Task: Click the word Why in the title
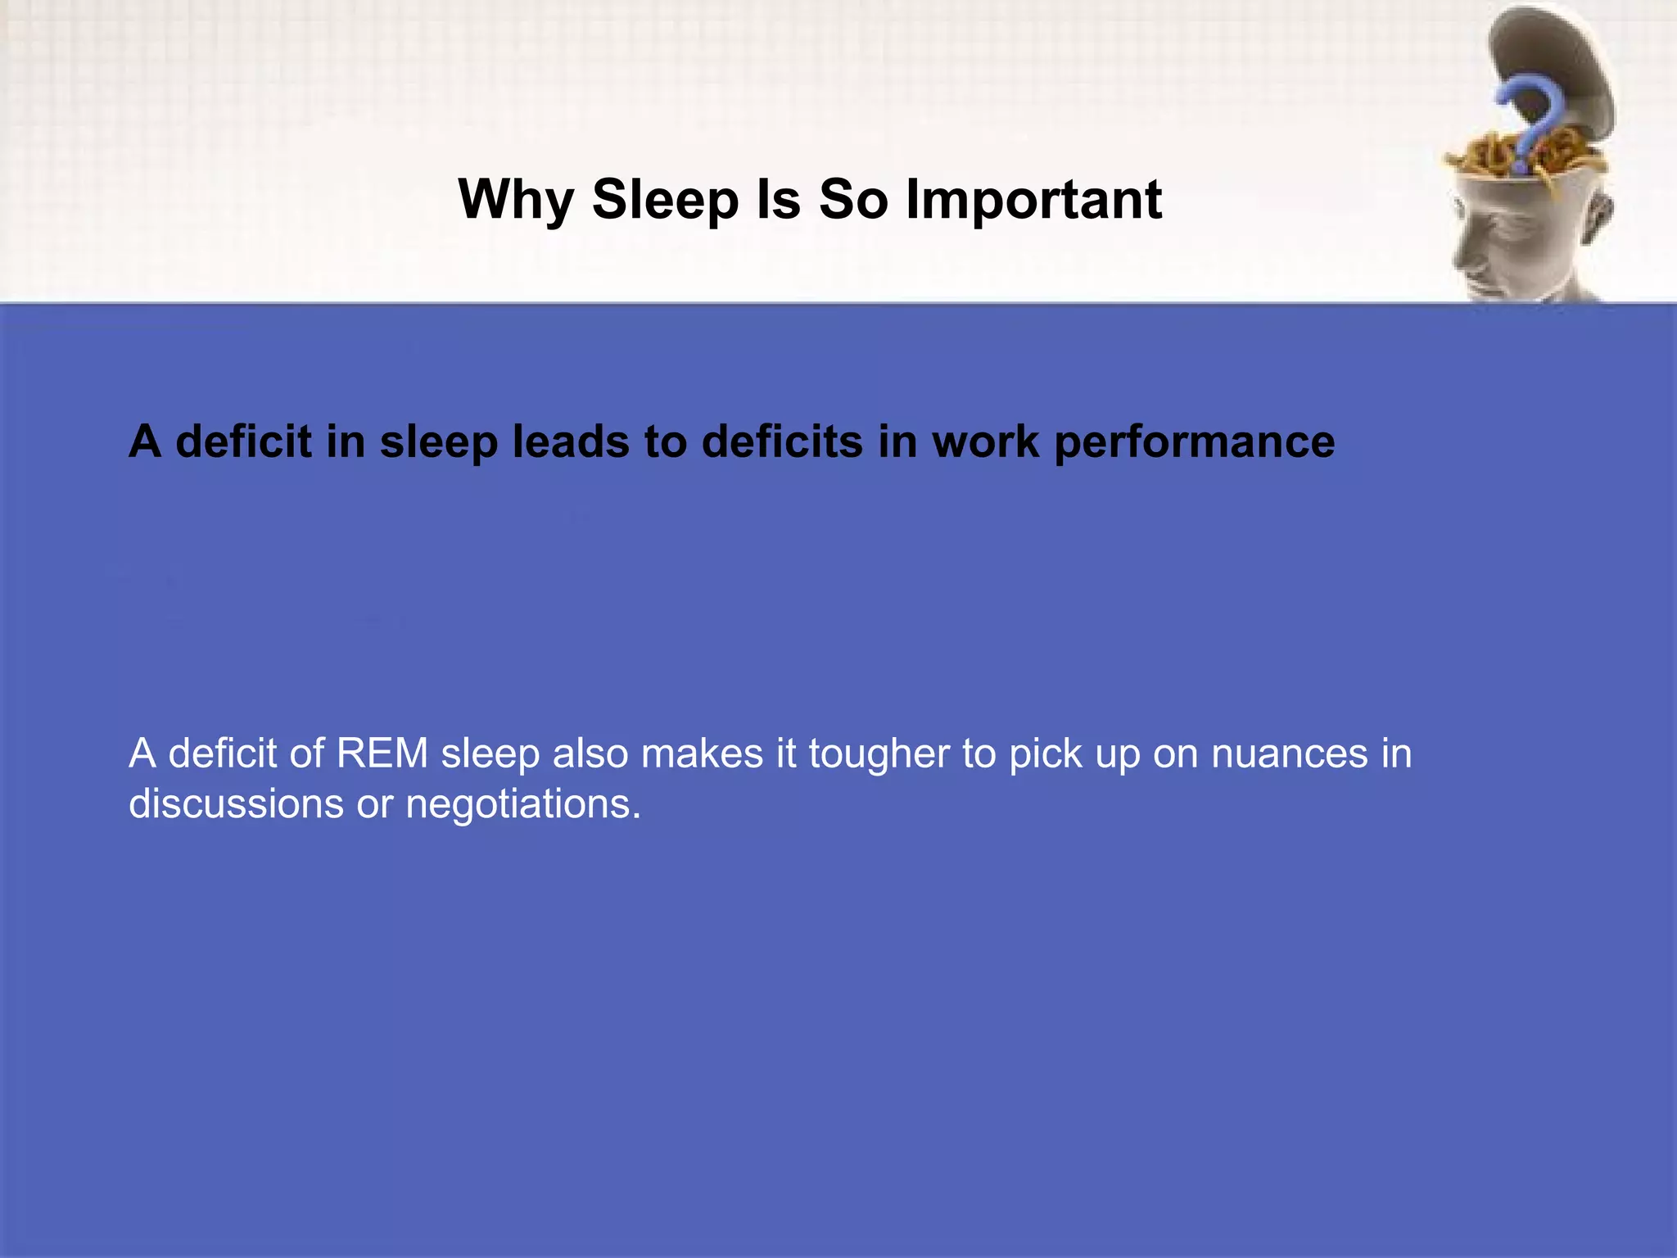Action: point(516,200)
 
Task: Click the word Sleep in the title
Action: point(665,200)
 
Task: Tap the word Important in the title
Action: point(1033,200)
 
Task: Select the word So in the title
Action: point(853,200)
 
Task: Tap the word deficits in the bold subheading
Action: point(782,442)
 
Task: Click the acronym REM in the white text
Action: point(382,753)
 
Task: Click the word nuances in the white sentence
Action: point(1289,753)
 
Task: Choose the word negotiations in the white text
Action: point(523,804)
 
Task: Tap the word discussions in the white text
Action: point(236,804)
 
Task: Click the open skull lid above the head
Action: point(1548,57)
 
